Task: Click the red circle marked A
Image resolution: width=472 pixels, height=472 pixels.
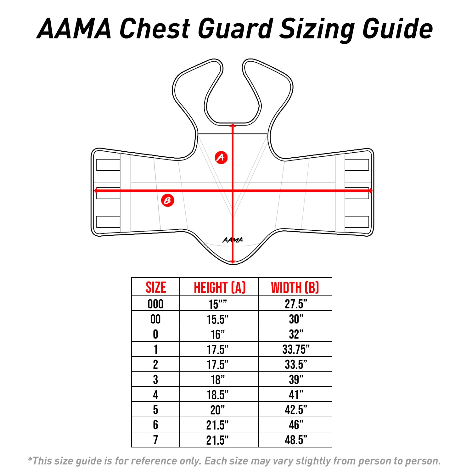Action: click(x=221, y=157)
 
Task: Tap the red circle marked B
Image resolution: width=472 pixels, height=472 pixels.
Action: click(x=168, y=200)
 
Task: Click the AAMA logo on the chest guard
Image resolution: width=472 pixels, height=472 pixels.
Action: click(x=233, y=240)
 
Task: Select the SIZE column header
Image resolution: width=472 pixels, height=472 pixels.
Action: click(x=156, y=287)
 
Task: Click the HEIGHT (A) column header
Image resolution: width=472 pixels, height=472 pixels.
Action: click(x=219, y=287)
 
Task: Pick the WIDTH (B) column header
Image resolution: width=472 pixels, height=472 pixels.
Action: click(x=295, y=287)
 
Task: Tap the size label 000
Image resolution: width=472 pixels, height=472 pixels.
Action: click(x=155, y=304)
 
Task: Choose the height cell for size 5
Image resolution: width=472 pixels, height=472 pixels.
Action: click(x=218, y=410)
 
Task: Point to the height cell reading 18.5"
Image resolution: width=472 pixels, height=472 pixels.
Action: click(x=218, y=395)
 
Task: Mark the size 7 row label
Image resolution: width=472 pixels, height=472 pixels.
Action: click(x=155, y=440)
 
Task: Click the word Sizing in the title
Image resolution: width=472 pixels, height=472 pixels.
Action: click(x=317, y=29)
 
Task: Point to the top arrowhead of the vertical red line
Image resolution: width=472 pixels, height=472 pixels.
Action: click(x=233, y=126)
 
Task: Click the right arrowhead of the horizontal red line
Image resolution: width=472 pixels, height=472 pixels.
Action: click(x=371, y=191)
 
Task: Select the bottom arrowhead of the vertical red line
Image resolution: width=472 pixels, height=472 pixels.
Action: click(x=233, y=261)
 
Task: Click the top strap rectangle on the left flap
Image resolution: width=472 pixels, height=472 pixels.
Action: click(x=108, y=165)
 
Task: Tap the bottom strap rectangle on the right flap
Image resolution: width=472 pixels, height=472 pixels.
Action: click(x=357, y=222)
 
